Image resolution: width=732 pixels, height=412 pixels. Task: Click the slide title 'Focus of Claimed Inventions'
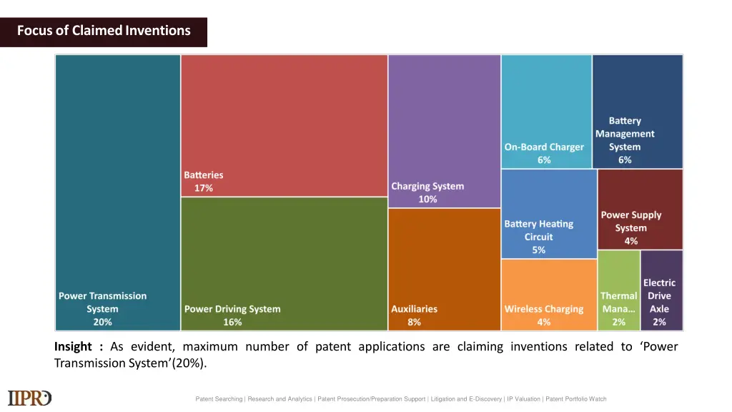pyautogui.click(x=104, y=31)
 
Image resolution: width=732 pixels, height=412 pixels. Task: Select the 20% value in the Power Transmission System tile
pyautogui.click(x=102, y=322)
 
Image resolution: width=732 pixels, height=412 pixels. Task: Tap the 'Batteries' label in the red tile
pyautogui.click(x=204, y=175)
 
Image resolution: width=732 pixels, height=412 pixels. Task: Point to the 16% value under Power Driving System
pyautogui.click(x=232, y=322)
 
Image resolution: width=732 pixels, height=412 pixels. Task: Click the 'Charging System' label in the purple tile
pyautogui.click(x=427, y=186)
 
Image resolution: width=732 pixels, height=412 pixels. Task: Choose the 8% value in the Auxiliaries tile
pyautogui.click(x=414, y=322)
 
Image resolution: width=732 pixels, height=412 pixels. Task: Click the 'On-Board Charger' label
pyautogui.click(x=544, y=147)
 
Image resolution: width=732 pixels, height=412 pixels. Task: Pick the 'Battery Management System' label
pyautogui.click(x=625, y=134)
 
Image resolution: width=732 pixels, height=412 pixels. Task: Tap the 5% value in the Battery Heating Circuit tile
pyautogui.click(x=538, y=250)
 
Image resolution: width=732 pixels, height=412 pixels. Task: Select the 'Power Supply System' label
pyautogui.click(x=630, y=221)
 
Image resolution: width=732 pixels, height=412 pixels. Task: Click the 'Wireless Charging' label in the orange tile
pyautogui.click(x=544, y=309)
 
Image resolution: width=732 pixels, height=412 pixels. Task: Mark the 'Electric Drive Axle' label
pyautogui.click(x=659, y=296)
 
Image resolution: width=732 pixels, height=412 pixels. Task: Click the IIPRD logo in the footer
pyautogui.click(x=29, y=398)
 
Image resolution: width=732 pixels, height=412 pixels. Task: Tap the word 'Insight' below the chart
pyautogui.click(x=73, y=347)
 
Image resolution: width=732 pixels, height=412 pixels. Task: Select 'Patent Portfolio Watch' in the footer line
pyautogui.click(x=575, y=399)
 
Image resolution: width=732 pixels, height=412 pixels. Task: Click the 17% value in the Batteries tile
pyautogui.click(x=204, y=188)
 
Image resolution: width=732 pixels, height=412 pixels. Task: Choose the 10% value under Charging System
pyautogui.click(x=427, y=200)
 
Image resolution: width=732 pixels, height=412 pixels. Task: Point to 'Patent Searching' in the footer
pyautogui.click(x=219, y=399)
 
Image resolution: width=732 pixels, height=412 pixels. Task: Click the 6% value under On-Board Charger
pyautogui.click(x=544, y=160)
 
